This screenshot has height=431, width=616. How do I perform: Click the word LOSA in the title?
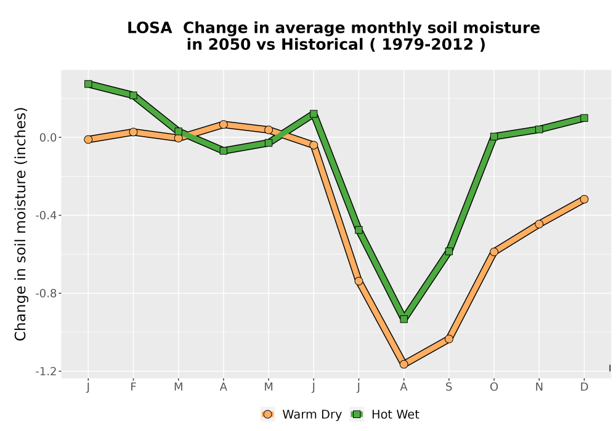coord(150,28)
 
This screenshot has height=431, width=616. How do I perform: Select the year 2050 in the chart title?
coord(229,44)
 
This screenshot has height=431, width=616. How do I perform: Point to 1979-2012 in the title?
coord(428,44)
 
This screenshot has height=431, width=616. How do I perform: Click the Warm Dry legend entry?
coord(301,414)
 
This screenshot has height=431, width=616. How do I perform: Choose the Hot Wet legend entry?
coord(384,414)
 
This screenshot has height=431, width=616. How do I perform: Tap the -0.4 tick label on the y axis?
coord(46,216)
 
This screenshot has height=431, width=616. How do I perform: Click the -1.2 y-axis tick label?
coord(46,371)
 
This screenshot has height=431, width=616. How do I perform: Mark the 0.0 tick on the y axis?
coord(47,138)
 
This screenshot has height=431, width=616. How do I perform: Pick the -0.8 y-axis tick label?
coord(46,293)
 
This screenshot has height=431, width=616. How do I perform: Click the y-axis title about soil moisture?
coord(20,224)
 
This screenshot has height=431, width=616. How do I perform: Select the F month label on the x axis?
coord(133,387)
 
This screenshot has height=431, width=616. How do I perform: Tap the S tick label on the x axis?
coord(448,387)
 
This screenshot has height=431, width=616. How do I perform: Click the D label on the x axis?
coord(584,387)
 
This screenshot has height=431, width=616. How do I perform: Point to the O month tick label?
coord(494,387)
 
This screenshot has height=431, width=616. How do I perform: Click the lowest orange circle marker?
coord(404,365)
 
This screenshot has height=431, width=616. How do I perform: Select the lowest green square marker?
coord(404,319)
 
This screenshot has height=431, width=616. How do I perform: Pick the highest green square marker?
coord(88,84)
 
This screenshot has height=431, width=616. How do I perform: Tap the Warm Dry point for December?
coord(584,199)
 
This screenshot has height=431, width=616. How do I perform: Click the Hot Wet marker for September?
coord(448,251)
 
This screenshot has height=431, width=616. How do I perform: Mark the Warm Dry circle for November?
coord(539,224)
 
